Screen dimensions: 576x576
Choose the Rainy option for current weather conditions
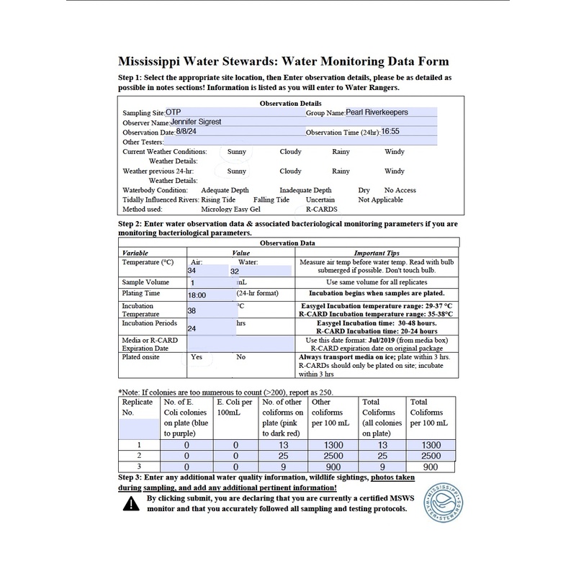pos(341,152)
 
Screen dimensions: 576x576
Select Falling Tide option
pos(271,199)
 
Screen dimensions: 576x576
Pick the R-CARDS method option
pos(322,209)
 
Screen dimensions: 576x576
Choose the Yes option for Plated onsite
pos(196,356)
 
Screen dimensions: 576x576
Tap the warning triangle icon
pos(130,503)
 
